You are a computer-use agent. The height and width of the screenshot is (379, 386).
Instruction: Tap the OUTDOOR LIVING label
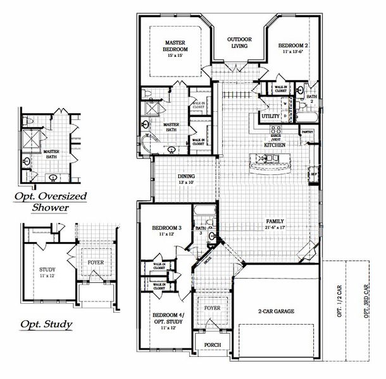tap(240, 42)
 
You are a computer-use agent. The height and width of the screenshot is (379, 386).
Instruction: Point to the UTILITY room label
tap(270, 116)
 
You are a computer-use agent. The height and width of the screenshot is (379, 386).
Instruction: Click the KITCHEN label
tap(274, 145)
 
